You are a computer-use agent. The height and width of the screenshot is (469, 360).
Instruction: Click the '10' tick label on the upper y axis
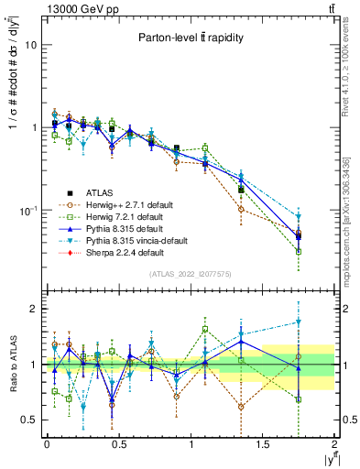tap(30, 45)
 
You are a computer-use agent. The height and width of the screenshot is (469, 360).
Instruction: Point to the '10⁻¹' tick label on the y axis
tap(27, 211)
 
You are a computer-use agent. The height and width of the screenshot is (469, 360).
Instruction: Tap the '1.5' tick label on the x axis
tap(264, 444)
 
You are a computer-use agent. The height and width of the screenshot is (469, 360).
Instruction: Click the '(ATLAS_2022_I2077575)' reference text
tap(191, 275)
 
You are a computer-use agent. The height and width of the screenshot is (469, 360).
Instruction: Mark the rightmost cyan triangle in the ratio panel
tap(299, 322)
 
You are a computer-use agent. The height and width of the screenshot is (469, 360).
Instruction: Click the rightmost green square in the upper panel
tap(299, 251)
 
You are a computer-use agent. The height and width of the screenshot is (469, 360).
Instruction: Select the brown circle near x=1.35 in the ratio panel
tap(241, 407)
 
